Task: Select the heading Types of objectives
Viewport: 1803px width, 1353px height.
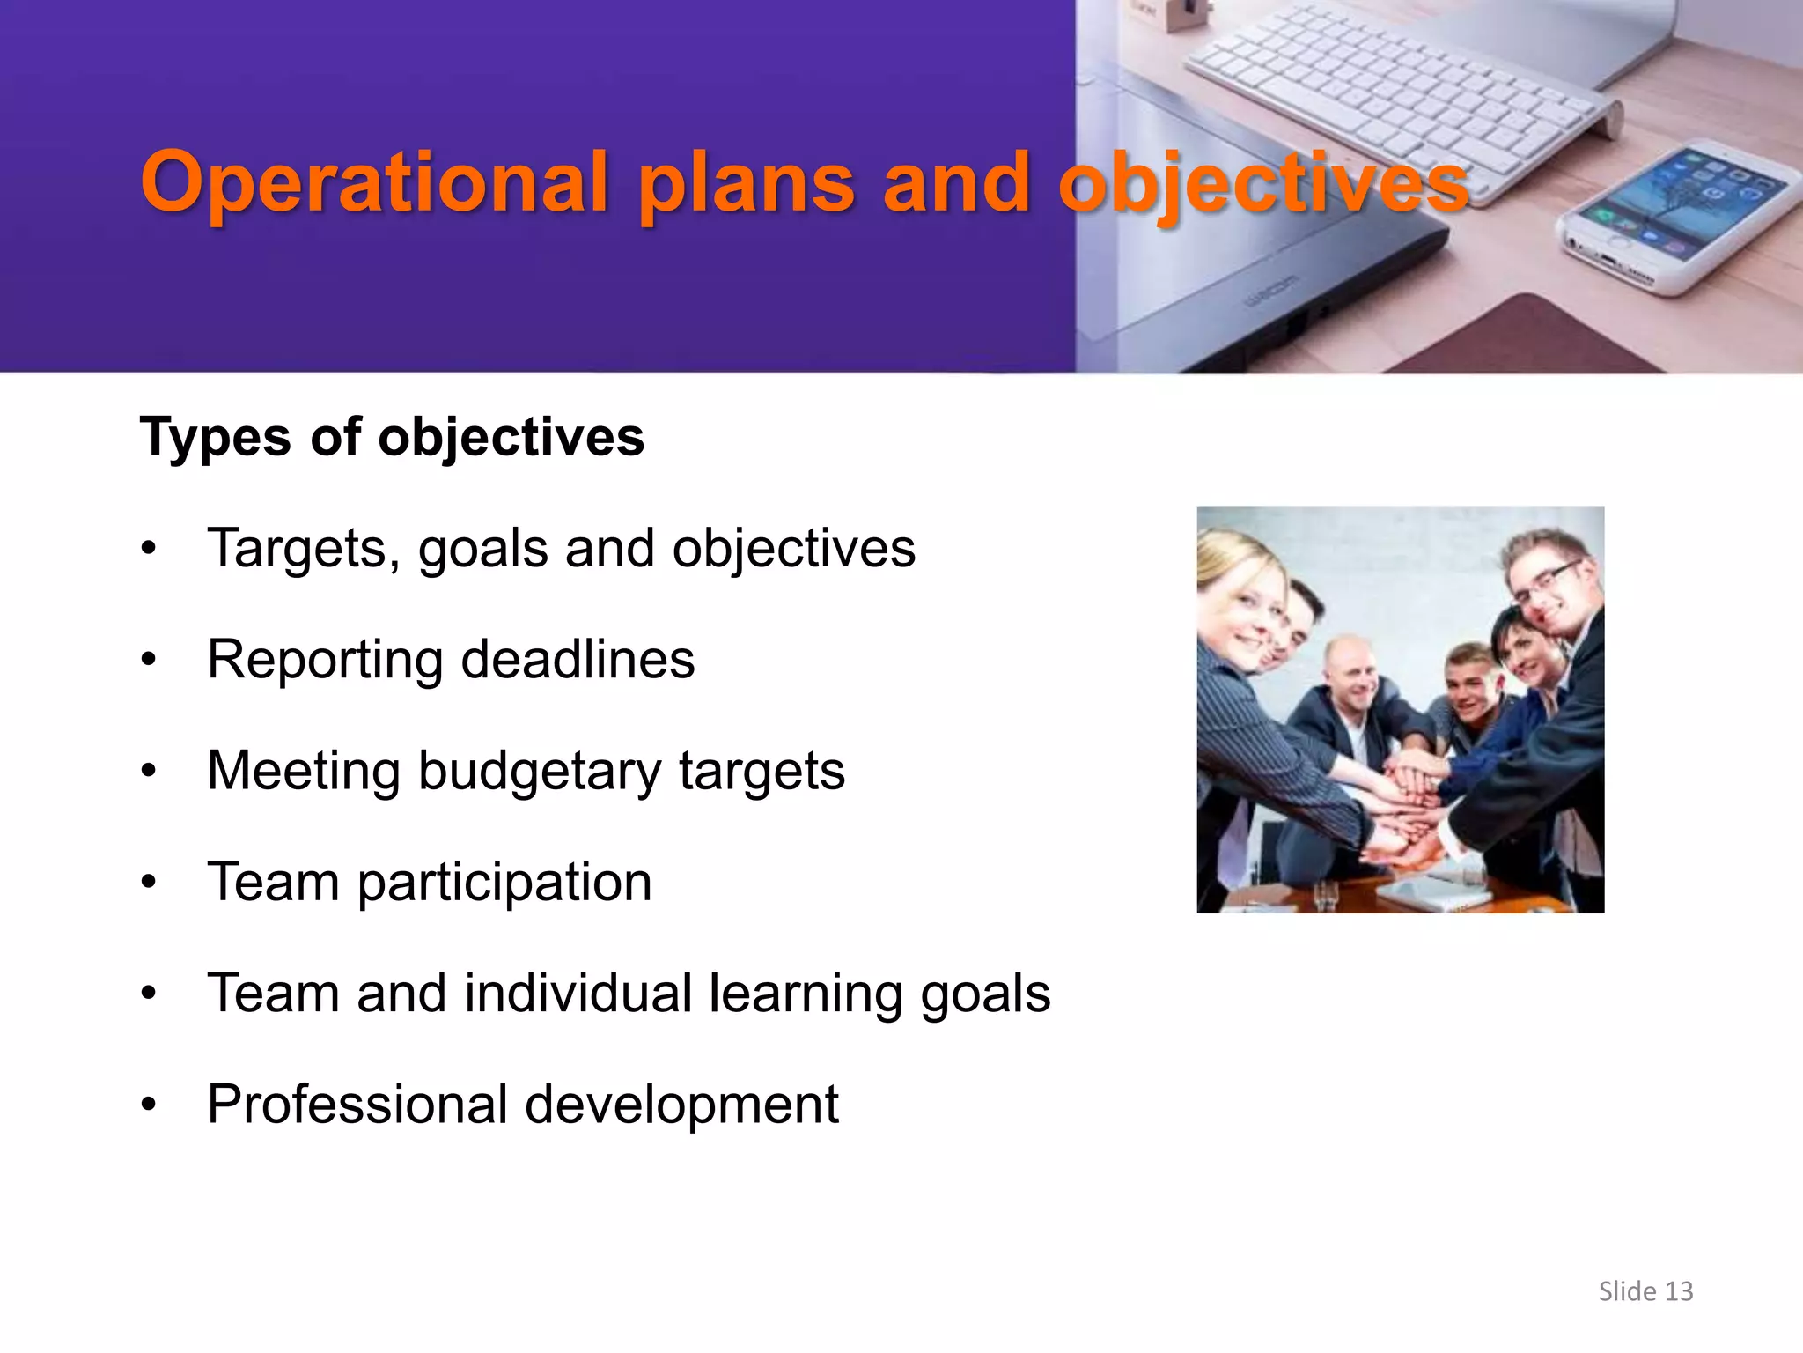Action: [392, 437]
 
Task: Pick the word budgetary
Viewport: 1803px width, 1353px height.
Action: [539, 771]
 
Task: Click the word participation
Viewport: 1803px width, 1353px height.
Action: [504, 882]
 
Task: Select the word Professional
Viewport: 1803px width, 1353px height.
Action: [357, 1104]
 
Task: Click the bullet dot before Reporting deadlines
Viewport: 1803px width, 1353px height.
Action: [149, 660]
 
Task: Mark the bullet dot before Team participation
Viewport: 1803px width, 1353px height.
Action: [149, 882]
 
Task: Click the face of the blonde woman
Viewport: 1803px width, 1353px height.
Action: [1241, 617]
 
